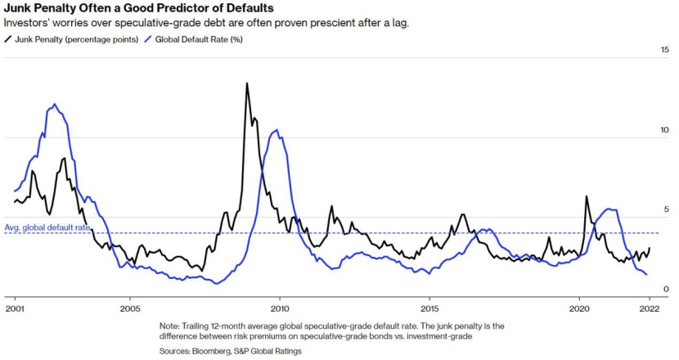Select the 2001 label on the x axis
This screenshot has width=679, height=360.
[14, 308]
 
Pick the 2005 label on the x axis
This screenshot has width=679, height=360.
[129, 308]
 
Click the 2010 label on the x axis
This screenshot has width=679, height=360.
[280, 308]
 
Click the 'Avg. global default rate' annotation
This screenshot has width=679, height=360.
[46, 227]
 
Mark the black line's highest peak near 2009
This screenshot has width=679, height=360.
[247, 83]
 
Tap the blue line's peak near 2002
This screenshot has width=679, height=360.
[55, 105]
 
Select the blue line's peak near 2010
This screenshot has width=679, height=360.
[277, 131]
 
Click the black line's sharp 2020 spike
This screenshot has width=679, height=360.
[586, 196]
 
